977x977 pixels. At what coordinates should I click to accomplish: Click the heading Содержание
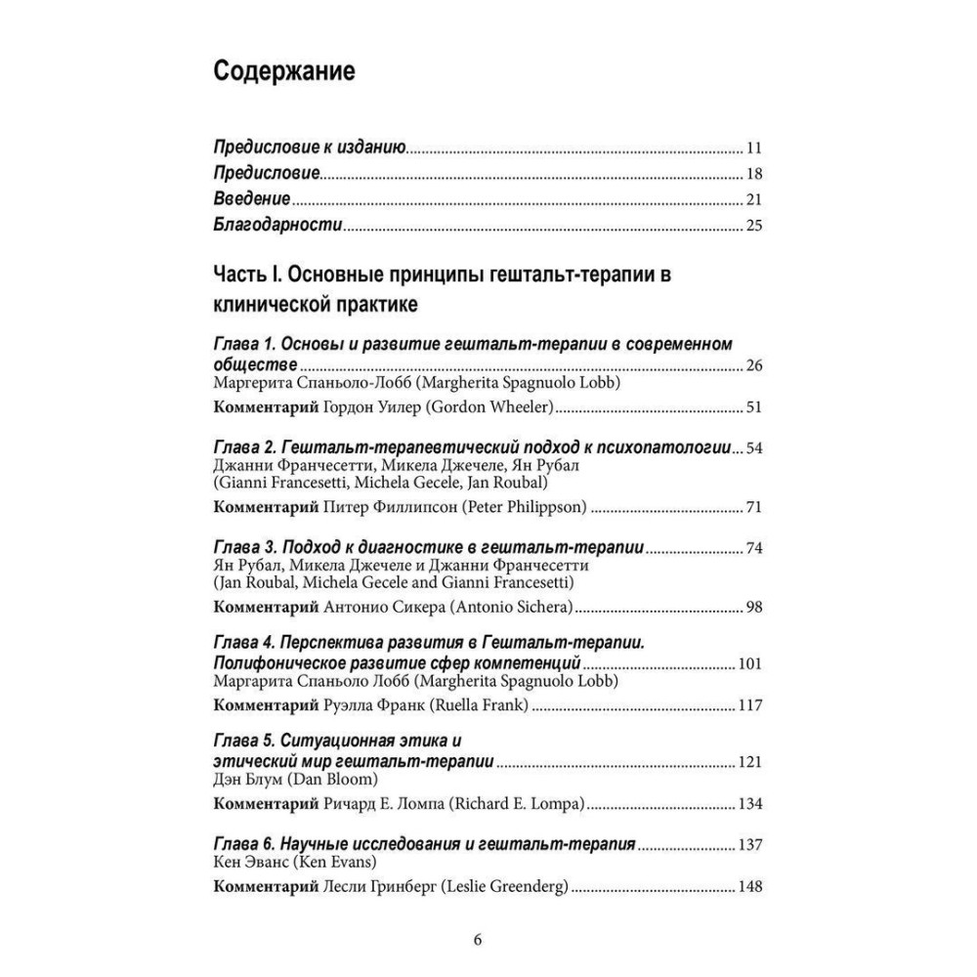(x=283, y=72)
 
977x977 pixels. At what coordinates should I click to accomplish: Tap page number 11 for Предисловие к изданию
(x=752, y=149)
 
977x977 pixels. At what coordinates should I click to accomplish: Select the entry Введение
(x=251, y=200)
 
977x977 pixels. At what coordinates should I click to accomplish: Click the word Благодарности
(x=276, y=226)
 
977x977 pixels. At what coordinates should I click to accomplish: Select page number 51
(x=752, y=407)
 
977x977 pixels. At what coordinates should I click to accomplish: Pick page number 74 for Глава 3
(x=752, y=547)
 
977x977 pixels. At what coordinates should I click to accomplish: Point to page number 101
(x=749, y=664)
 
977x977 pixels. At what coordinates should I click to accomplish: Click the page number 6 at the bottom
(x=478, y=941)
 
